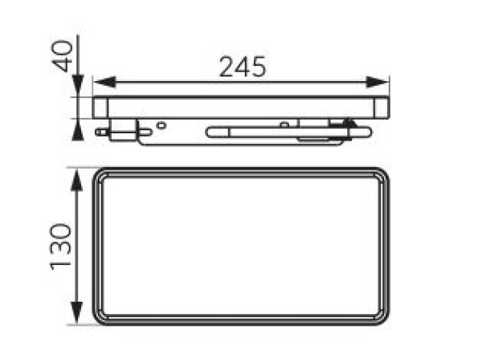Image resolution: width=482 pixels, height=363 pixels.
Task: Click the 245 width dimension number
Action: [243, 67]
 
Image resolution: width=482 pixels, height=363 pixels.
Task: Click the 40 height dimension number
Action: [63, 56]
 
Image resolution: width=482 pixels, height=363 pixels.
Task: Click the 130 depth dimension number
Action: [61, 247]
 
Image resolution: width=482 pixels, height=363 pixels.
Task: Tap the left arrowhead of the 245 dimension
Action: [104, 82]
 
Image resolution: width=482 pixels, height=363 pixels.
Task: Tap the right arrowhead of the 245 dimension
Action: [378, 82]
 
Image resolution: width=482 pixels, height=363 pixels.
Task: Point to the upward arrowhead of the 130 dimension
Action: [77, 180]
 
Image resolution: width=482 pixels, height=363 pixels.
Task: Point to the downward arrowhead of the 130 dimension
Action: [77, 312]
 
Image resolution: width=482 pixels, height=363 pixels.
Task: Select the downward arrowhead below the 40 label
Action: [78, 86]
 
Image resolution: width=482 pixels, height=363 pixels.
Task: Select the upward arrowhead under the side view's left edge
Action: [78, 130]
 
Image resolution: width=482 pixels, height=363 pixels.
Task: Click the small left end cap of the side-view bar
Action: [100, 108]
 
